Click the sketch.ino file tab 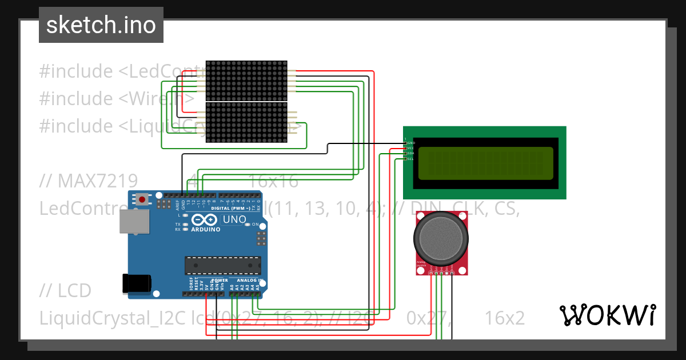tap(101, 25)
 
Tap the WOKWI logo tap(607, 315)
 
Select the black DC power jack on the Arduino tap(137, 283)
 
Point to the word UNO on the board tap(234, 219)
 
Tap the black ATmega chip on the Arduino tap(222, 265)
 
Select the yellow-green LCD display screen tap(485, 162)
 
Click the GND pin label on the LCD tap(410, 142)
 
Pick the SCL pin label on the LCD tap(410, 159)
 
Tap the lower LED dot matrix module tap(245, 123)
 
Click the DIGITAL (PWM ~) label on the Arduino tap(228, 208)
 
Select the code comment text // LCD tap(65, 291)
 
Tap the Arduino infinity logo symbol tap(204, 219)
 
